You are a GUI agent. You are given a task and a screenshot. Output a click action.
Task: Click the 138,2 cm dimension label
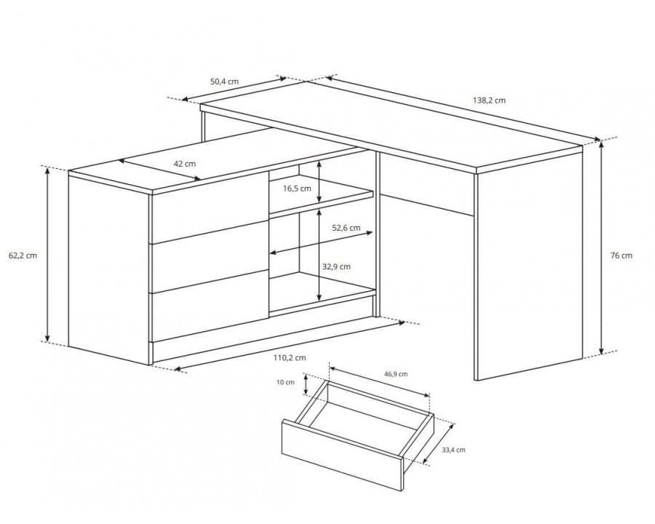tap(489, 100)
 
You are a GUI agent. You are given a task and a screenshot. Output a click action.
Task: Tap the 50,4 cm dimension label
tap(224, 82)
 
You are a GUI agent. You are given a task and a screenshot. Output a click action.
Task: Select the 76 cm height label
tap(622, 255)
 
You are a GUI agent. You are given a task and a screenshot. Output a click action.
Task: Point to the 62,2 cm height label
tap(23, 255)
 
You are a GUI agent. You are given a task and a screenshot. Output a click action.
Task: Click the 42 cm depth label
tap(185, 164)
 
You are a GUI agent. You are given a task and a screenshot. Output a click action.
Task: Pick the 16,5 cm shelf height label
tap(297, 188)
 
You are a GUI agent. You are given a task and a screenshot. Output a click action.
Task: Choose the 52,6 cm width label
tap(346, 228)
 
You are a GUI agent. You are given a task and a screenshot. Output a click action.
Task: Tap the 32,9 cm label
tap(336, 266)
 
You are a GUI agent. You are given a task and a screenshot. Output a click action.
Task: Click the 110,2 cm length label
tap(290, 357)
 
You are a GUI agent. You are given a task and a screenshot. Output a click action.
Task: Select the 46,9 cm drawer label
tap(396, 374)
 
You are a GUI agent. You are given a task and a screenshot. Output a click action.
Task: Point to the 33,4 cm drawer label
tap(453, 450)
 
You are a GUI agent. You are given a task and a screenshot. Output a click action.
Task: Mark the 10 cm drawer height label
tap(286, 382)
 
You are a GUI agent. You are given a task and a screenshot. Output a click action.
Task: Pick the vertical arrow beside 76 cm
tap(602, 247)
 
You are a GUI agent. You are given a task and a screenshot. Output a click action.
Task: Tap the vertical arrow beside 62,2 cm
tap(47, 255)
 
